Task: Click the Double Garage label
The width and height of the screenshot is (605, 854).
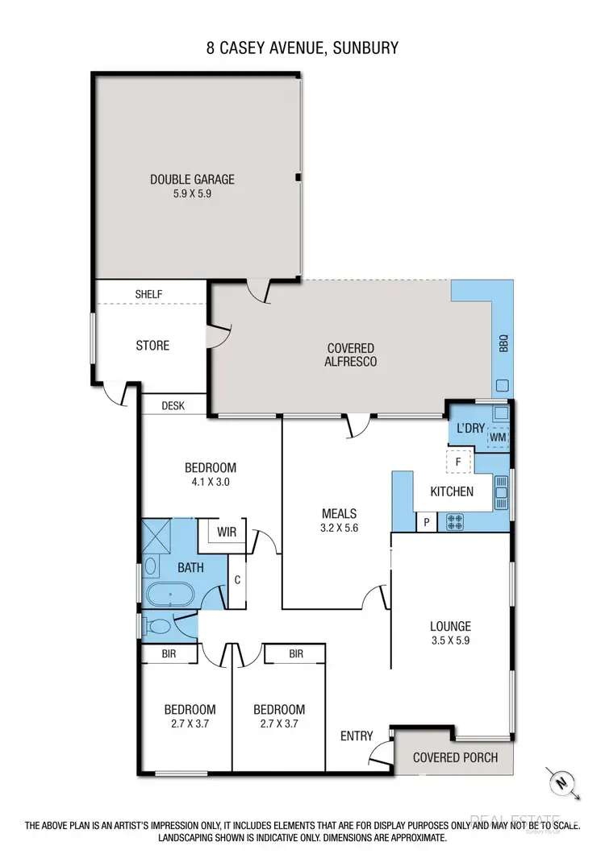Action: (x=192, y=180)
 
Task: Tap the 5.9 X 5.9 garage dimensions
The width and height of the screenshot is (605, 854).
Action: (x=192, y=193)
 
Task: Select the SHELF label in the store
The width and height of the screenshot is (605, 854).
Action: (x=149, y=294)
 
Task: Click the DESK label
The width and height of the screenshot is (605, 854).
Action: (x=173, y=406)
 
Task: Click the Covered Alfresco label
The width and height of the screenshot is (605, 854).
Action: (x=350, y=354)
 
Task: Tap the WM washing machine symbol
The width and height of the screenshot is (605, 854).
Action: (x=497, y=437)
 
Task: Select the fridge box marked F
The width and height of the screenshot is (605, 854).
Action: (x=458, y=462)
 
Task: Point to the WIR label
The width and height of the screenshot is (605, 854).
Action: (x=226, y=532)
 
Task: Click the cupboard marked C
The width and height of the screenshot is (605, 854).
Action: (x=238, y=578)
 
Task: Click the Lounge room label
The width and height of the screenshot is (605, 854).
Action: (x=450, y=626)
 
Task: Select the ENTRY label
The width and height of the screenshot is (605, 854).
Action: (x=357, y=736)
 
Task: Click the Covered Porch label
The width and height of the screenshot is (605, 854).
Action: (x=455, y=757)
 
